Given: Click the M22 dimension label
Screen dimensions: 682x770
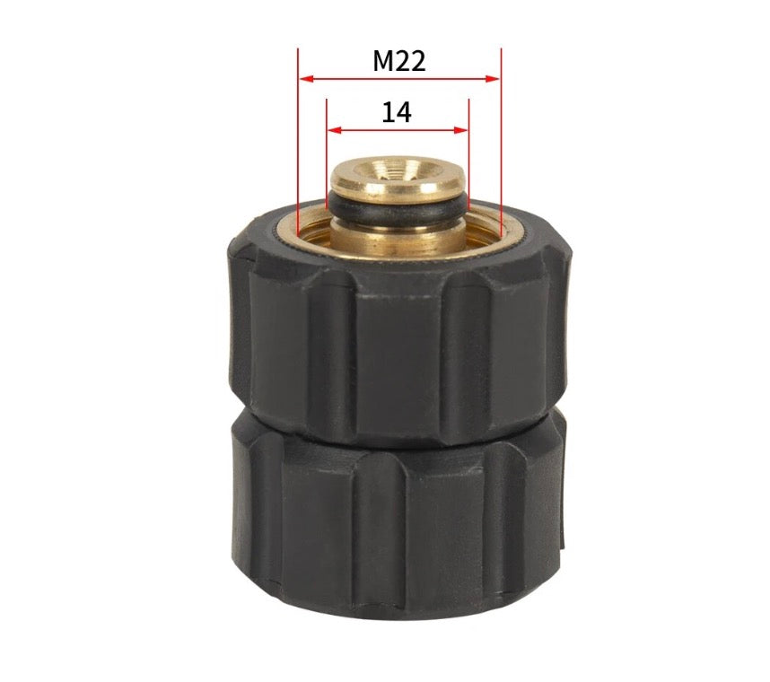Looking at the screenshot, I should pyautogui.click(x=399, y=61).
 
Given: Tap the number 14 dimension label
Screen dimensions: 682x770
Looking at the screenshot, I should pyautogui.click(x=397, y=113).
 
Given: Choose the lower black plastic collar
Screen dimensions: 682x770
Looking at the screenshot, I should pyautogui.click(x=395, y=529).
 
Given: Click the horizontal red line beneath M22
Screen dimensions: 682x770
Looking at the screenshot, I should pyautogui.click(x=399, y=79).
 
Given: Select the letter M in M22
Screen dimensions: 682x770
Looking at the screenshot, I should pyautogui.click(x=383, y=61).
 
